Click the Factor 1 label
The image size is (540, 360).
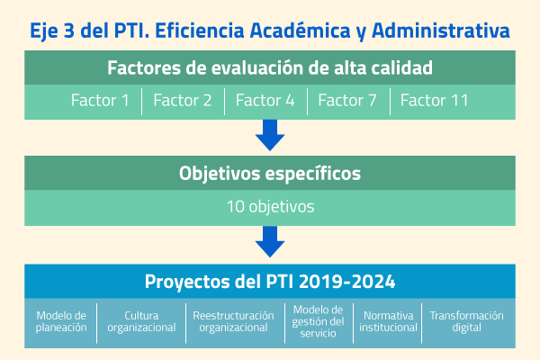[x=100, y=101]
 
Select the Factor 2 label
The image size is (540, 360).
[x=183, y=101]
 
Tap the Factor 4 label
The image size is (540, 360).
[x=265, y=101]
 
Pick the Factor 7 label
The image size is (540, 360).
[x=347, y=101]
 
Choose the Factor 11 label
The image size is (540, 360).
[x=435, y=101]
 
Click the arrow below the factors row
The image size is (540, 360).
[x=270, y=135]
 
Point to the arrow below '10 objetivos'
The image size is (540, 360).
[x=270, y=241]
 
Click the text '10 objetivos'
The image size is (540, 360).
[x=270, y=207]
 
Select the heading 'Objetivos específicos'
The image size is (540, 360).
[x=270, y=174]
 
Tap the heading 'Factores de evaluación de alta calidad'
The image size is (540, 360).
[x=270, y=67]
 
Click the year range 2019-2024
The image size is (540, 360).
[x=347, y=282]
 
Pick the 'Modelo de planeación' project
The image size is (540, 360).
[x=61, y=321]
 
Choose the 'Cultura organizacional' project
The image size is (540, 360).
[x=141, y=321]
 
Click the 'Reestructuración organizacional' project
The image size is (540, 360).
[x=233, y=321]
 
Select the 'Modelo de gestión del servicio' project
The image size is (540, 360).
[x=318, y=321]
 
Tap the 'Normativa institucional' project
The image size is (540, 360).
[x=389, y=321]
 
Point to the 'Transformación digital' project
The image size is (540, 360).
[x=466, y=321]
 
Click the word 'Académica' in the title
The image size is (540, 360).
[x=301, y=31]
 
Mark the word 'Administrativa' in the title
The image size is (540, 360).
[x=441, y=31]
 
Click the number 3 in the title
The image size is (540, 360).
[x=69, y=31]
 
